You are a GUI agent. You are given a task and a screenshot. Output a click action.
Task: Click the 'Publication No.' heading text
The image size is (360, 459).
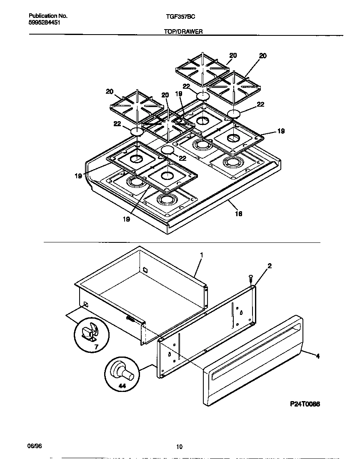tap(48, 16)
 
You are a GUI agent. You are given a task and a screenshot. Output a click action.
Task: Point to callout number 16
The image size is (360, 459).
tap(238, 214)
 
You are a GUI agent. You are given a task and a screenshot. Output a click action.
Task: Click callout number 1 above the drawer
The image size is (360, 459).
tap(201, 254)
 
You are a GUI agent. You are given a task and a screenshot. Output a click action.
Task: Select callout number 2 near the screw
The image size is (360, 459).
tap(270, 266)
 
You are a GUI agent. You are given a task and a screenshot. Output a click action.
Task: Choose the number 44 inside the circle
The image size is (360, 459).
tap(122, 387)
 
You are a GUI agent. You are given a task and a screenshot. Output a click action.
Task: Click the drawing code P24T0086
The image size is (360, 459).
tap(305, 404)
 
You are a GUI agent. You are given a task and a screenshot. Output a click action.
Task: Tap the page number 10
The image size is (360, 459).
tap(179, 447)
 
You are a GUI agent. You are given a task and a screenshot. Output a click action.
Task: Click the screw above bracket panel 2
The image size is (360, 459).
tap(250, 278)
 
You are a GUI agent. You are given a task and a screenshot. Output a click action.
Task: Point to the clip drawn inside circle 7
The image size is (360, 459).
tap(89, 332)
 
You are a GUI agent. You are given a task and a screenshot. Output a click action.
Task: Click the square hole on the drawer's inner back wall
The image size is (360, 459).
tap(145, 269)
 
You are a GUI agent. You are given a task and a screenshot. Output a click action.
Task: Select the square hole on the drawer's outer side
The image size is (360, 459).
tap(86, 304)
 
